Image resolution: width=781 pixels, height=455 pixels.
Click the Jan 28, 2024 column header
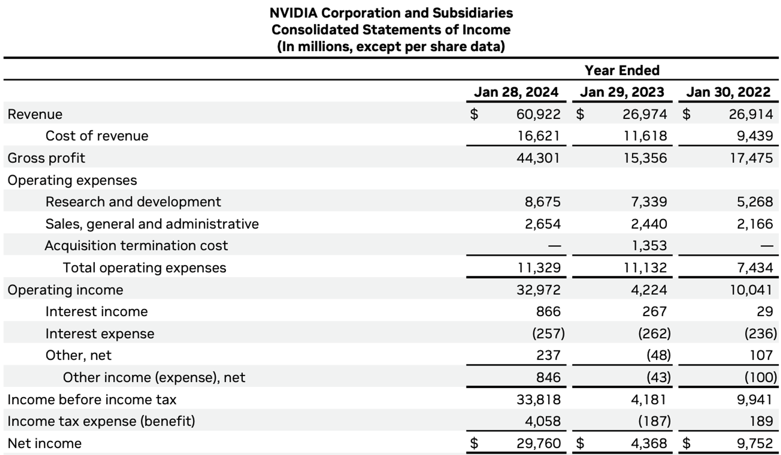coord(516,92)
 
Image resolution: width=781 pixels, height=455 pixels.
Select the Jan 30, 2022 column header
coord(728,92)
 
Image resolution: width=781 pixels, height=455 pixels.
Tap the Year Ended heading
coord(622,70)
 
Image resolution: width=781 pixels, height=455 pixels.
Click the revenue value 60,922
coord(538,114)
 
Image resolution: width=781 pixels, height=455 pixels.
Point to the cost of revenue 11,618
coord(645,136)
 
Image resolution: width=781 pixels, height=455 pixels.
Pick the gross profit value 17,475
coord(751,158)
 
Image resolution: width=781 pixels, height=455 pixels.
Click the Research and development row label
coord(133,202)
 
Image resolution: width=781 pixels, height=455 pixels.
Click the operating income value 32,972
coord(538,290)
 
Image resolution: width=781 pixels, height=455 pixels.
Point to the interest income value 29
coord(765,312)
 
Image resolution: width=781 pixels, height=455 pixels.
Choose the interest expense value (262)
coord(654,333)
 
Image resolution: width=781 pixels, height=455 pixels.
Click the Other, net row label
coord(78,355)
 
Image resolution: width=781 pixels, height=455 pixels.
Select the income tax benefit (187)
coord(654,421)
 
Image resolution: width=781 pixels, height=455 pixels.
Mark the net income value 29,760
coord(538,443)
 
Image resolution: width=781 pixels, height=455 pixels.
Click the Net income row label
coord(45,443)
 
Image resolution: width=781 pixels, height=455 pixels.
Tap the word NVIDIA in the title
coord(293,13)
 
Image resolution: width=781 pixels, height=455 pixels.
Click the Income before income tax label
coord(92,399)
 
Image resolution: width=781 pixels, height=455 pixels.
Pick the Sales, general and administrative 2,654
coord(542,224)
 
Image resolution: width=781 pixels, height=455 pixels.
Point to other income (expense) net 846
coord(548,377)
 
